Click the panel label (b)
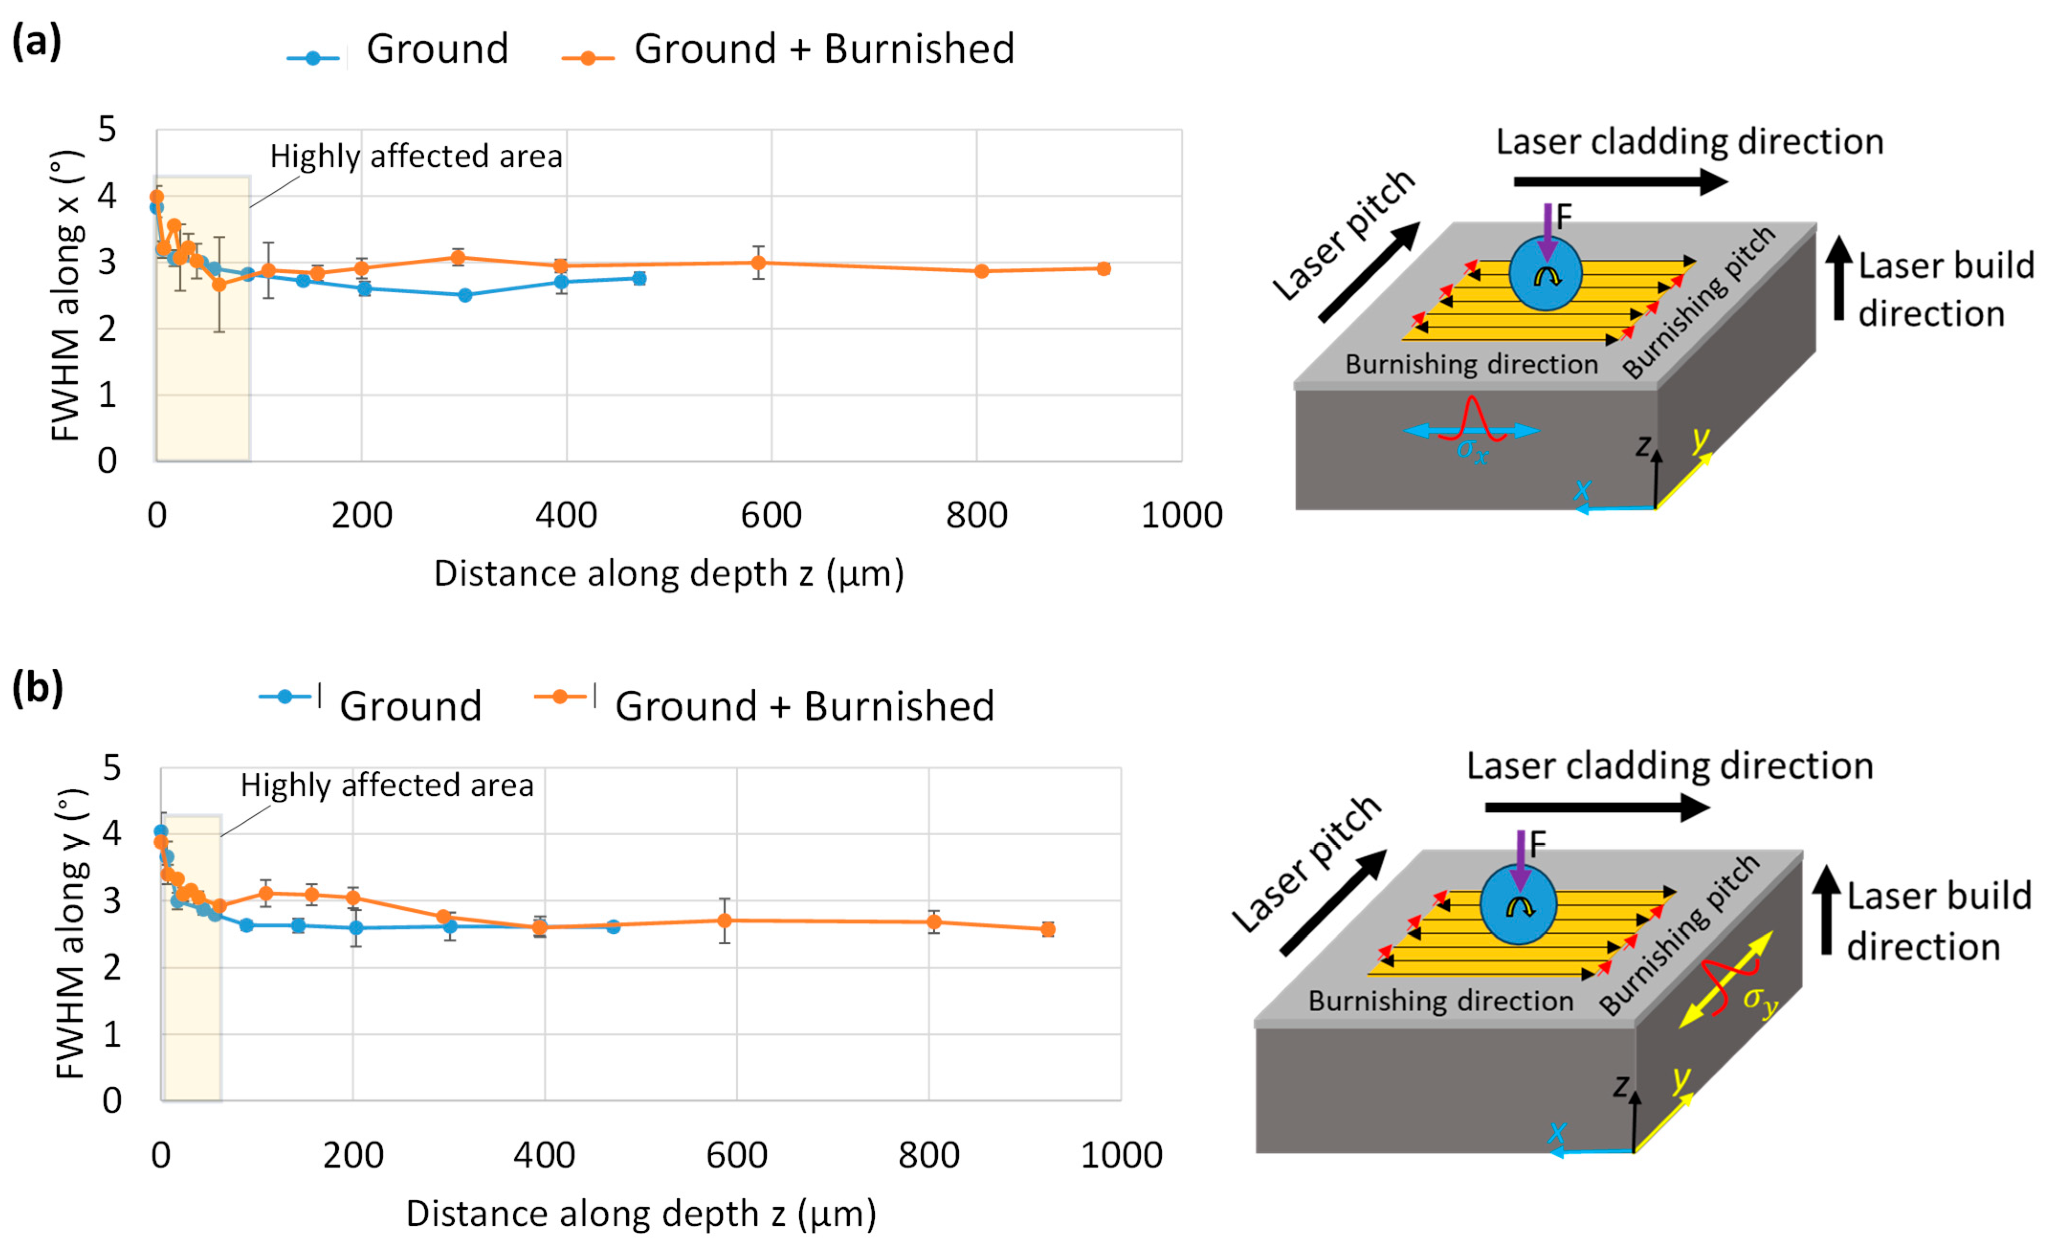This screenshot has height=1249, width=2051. pos(37,688)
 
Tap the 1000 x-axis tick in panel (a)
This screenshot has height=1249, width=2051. pos(1181,515)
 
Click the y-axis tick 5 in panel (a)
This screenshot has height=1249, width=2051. pos(107,130)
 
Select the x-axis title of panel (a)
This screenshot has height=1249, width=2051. pos(668,574)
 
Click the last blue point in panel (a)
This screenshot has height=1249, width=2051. pos(639,278)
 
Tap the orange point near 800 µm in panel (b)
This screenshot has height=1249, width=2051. pos(934,922)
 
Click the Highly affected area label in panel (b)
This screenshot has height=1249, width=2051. pos(387,785)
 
